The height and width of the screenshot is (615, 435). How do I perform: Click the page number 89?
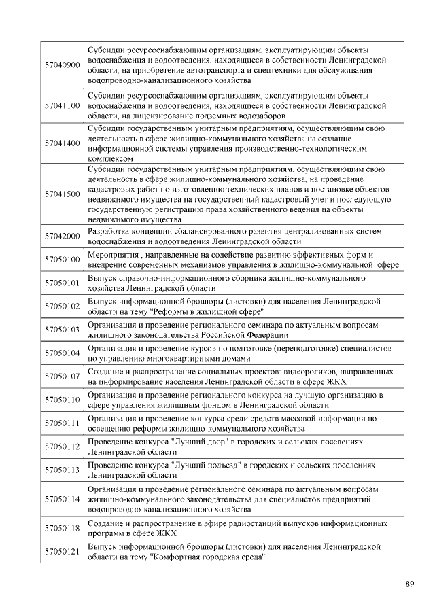tap(410, 584)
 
